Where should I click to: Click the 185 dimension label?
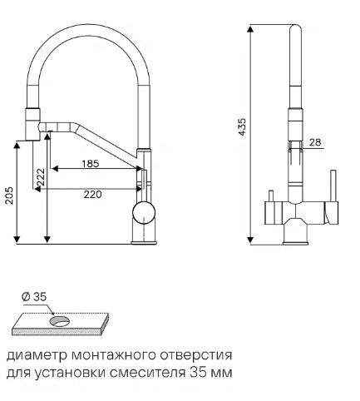[91, 164]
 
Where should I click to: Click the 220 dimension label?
[92, 195]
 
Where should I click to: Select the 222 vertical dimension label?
[41, 177]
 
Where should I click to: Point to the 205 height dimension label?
[9, 196]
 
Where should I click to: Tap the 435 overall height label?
[242, 127]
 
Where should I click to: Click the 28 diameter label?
[315, 142]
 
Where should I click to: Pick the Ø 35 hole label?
[34, 297]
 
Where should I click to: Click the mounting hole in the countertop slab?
[60, 321]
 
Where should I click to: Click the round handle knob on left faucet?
[144, 213]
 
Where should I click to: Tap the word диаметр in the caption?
[37, 355]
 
